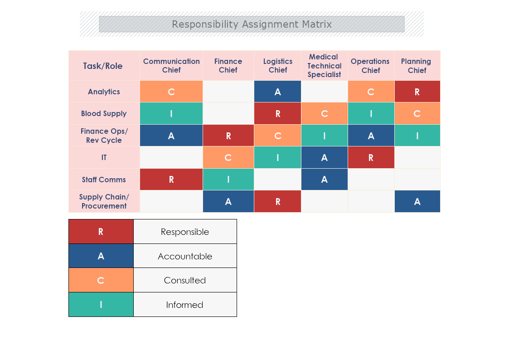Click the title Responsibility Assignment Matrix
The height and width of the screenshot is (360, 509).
point(252,24)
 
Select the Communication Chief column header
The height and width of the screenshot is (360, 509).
point(171,66)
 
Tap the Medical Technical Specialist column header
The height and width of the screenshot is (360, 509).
point(324,66)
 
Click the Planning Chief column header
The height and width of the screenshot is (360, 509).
point(417,66)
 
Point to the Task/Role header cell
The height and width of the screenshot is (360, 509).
point(103,66)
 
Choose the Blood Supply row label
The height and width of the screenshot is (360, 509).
point(104,113)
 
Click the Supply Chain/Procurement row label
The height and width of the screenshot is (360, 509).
point(104,201)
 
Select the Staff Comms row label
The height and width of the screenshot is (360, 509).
point(104,180)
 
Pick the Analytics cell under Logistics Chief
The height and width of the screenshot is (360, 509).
point(277,92)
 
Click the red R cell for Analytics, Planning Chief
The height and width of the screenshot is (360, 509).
point(417,92)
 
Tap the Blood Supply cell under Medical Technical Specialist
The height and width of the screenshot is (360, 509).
point(324,113)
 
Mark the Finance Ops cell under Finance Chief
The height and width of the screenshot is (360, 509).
point(228,136)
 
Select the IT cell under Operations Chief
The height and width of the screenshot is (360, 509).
point(371,157)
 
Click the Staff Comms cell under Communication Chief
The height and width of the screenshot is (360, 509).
point(171,180)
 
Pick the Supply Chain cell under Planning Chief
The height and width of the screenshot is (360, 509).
point(417,201)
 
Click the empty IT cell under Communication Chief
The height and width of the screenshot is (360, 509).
point(171,157)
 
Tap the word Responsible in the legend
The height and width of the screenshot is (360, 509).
point(185,232)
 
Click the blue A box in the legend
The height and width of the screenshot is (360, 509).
point(101,256)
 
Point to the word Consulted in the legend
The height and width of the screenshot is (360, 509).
point(185,280)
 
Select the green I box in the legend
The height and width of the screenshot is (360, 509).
point(101,305)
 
